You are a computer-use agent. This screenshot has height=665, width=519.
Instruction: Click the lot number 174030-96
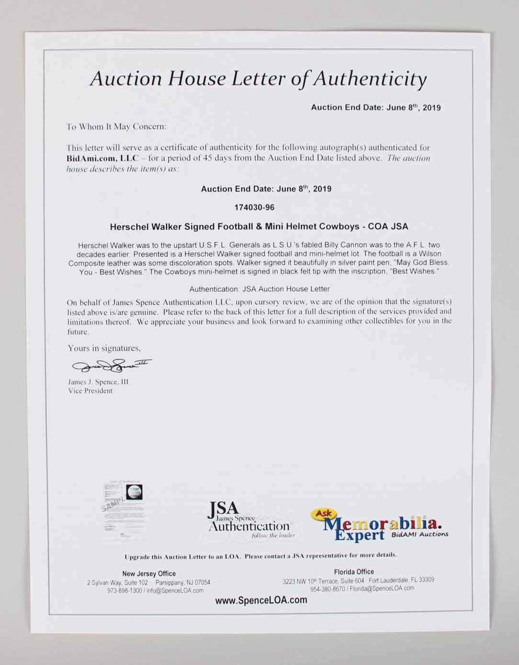coord(254,207)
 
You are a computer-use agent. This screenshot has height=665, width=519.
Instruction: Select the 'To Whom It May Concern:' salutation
coord(116,127)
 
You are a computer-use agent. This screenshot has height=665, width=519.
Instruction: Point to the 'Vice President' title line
coord(90,391)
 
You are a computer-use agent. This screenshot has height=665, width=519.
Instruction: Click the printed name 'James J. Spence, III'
coord(98,382)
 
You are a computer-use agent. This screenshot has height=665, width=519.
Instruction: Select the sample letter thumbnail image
coord(122,510)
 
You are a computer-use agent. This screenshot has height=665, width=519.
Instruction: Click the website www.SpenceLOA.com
coord(261,600)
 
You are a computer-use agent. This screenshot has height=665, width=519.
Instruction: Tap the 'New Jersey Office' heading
coord(149,573)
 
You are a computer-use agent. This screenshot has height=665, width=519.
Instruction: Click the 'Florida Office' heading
coord(354,572)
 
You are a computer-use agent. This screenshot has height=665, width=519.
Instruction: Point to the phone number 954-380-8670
coord(328,589)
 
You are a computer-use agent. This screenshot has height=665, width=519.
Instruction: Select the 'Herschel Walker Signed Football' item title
coord(259,227)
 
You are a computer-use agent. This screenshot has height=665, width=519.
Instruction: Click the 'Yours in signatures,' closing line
coord(104,348)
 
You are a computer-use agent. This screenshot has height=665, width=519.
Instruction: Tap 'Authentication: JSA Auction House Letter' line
coord(259,289)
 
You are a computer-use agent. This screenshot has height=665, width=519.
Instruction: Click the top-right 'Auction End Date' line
coord(376,107)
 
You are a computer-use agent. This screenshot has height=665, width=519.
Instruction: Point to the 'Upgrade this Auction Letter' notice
coord(260,556)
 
